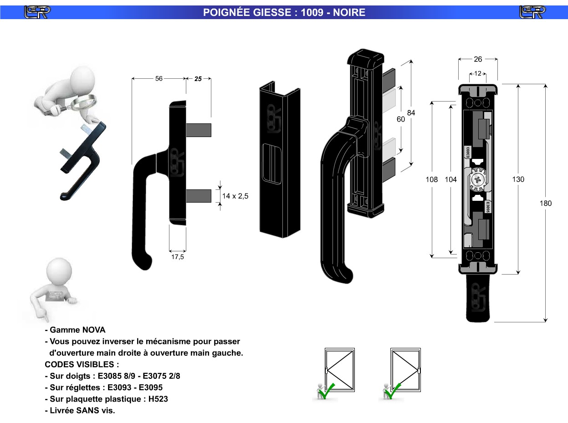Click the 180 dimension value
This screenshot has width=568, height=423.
coord(546,203)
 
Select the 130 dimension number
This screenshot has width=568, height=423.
coord(518,179)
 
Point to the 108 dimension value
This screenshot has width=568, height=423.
coord(431,179)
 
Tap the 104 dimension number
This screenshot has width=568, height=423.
coord(450,179)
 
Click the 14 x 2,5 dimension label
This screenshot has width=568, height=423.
coord(235,196)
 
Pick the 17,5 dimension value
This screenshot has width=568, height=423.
coord(177,257)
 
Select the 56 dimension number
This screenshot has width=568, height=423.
coord(159,78)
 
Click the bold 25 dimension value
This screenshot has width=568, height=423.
coord(198,79)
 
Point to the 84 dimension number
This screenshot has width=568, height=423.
coord(411,113)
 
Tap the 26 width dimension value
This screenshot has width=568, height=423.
coord(478,59)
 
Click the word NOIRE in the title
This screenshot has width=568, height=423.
coord(349,12)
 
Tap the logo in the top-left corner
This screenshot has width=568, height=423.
coord(37,12)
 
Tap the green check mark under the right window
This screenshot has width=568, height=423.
coord(394,389)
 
